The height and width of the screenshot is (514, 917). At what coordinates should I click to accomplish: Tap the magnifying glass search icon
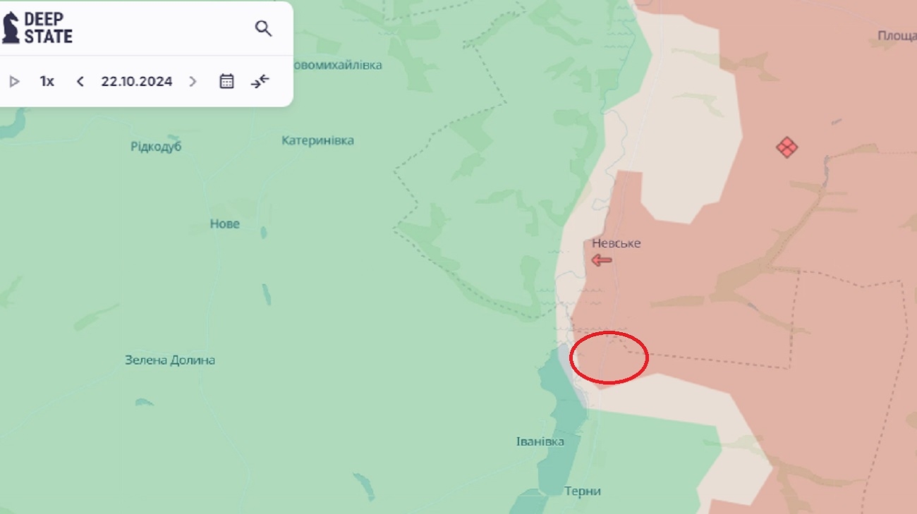pos(263,28)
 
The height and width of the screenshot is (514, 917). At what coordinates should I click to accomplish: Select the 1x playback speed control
pos(47,81)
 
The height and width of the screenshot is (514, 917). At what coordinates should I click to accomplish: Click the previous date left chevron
pos(80,81)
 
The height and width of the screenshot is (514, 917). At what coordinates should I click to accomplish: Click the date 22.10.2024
pos(136,81)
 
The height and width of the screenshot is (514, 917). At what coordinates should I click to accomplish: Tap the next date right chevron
pos(193,81)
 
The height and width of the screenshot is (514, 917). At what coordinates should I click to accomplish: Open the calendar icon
pos(226,81)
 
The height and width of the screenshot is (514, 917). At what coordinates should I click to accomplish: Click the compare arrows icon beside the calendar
pos(260,81)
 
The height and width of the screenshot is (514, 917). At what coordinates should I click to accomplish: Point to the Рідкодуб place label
pos(156,147)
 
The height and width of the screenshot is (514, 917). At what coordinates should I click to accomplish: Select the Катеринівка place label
pos(317,140)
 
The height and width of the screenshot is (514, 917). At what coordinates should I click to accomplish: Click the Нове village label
pos(224,224)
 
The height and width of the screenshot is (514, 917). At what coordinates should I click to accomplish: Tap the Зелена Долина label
pos(169,360)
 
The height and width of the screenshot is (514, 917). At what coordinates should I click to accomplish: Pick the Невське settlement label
pos(616,243)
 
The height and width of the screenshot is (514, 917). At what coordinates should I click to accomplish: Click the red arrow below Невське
pos(602,260)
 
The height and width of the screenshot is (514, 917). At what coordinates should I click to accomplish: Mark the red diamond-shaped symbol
pos(787,147)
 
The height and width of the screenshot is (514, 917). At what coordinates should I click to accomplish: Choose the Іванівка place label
pos(540,441)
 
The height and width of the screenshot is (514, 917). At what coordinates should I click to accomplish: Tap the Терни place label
pos(582,491)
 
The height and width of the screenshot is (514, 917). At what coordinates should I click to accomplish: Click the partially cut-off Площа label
pos(897,35)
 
